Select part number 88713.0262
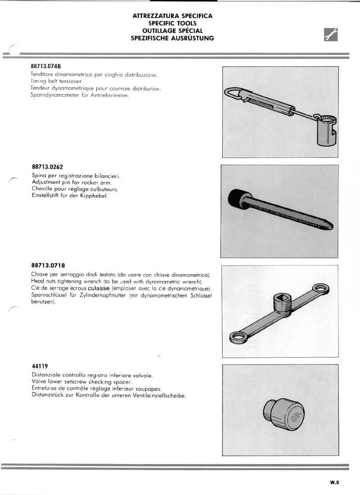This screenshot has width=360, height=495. (47, 166)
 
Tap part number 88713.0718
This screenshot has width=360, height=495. (48, 265)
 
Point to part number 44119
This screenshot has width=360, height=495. (40, 366)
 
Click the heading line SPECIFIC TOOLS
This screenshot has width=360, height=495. (172, 23)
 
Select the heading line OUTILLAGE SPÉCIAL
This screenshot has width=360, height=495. (172, 31)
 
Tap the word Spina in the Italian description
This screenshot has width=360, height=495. (40, 175)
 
